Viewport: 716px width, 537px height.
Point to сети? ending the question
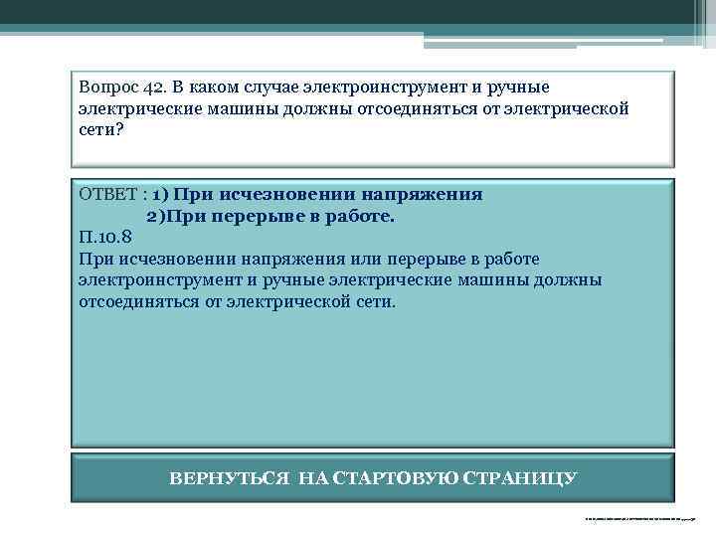coord(99,129)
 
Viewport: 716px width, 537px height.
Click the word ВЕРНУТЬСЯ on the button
coord(231,478)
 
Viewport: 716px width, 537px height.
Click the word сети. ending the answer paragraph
coord(371,301)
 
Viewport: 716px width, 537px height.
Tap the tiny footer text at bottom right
coord(640,518)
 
